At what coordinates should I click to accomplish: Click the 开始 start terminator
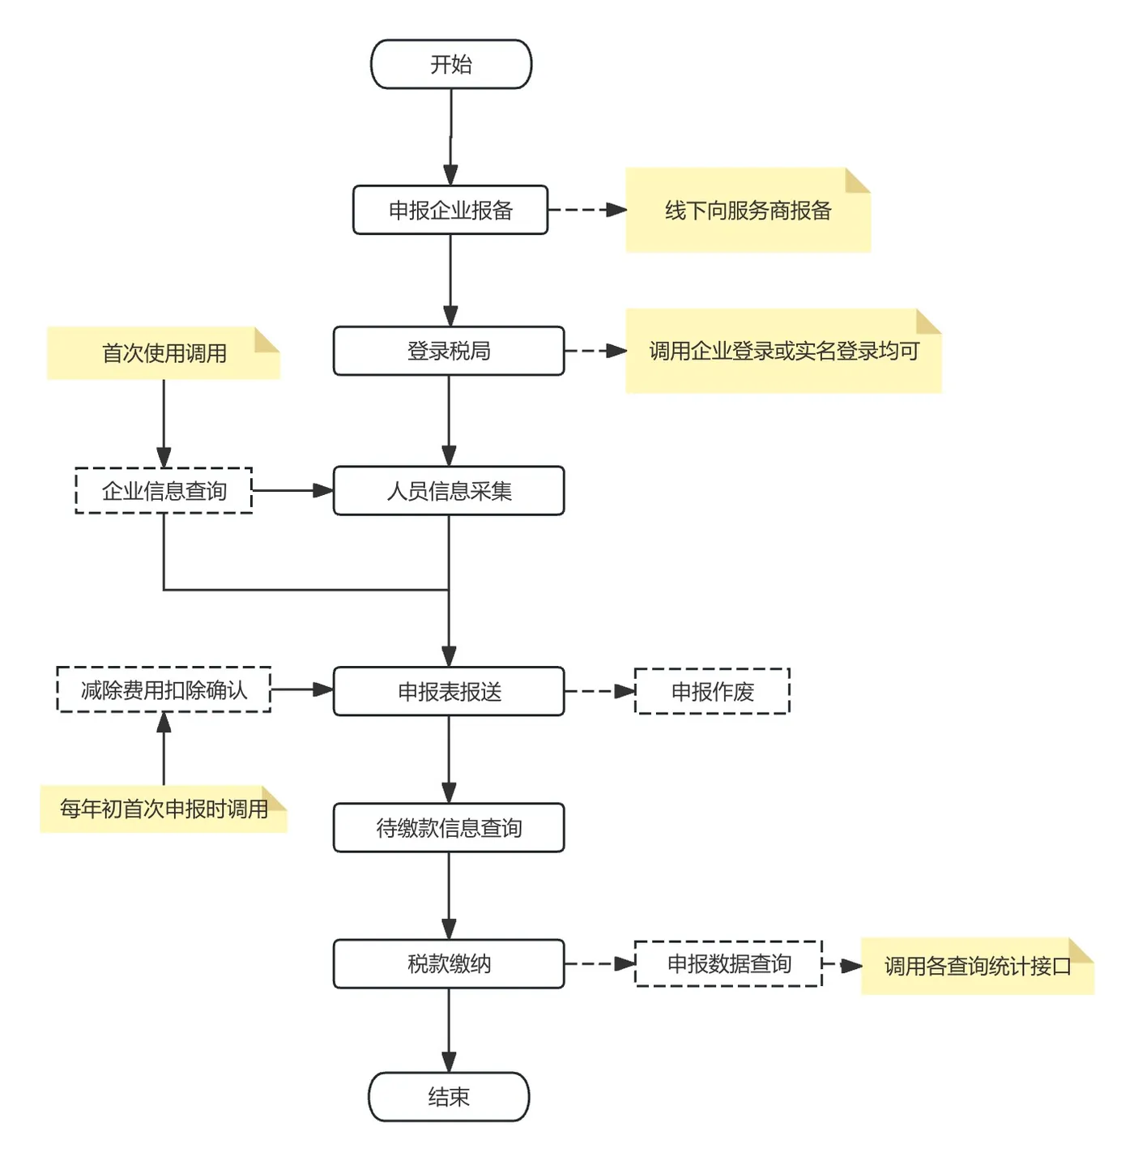[451, 65]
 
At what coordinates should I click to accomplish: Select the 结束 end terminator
[449, 1096]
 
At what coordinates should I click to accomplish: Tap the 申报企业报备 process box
[450, 210]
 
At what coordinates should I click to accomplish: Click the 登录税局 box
[449, 351]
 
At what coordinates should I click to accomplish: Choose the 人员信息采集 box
[449, 490]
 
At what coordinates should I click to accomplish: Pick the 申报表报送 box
[449, 691]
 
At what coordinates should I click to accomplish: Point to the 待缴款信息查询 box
[449, 827]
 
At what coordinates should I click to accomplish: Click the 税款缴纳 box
[449, 963]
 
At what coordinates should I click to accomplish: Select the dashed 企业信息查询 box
[164, 490]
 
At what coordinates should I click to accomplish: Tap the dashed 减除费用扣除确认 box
[164, 689]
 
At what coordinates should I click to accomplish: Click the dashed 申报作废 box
[712, 691]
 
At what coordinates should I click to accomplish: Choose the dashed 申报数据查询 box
[728, 963]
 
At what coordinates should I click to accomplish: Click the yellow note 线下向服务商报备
[748, 210]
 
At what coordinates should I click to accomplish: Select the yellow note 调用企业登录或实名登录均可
[783, 351]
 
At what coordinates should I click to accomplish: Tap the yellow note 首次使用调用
[164, 353]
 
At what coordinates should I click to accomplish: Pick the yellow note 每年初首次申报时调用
[164, 809]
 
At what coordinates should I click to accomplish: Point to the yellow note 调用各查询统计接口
[977, 966]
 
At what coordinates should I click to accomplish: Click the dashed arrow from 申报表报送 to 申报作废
[599, 691]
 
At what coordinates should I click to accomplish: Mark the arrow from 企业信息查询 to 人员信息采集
[293, 490]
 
